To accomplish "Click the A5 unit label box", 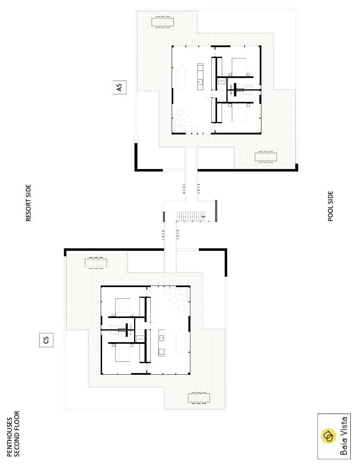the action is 119,87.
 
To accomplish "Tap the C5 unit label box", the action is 46,340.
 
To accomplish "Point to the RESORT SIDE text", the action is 28,203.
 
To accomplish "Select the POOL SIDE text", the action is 330,206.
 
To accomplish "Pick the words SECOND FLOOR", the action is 17,434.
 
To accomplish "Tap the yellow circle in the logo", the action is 328,436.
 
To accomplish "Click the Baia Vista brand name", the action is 344,436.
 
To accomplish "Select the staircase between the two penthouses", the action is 191,217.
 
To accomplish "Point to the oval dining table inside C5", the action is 180,342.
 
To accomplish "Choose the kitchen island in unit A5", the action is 200,76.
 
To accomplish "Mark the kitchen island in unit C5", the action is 162,343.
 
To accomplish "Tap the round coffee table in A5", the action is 188,119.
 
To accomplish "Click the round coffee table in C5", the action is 174,300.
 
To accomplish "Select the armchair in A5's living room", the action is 180,112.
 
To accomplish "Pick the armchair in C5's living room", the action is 182,308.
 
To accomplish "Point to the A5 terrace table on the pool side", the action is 266,157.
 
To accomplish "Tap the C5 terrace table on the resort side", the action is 96,263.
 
